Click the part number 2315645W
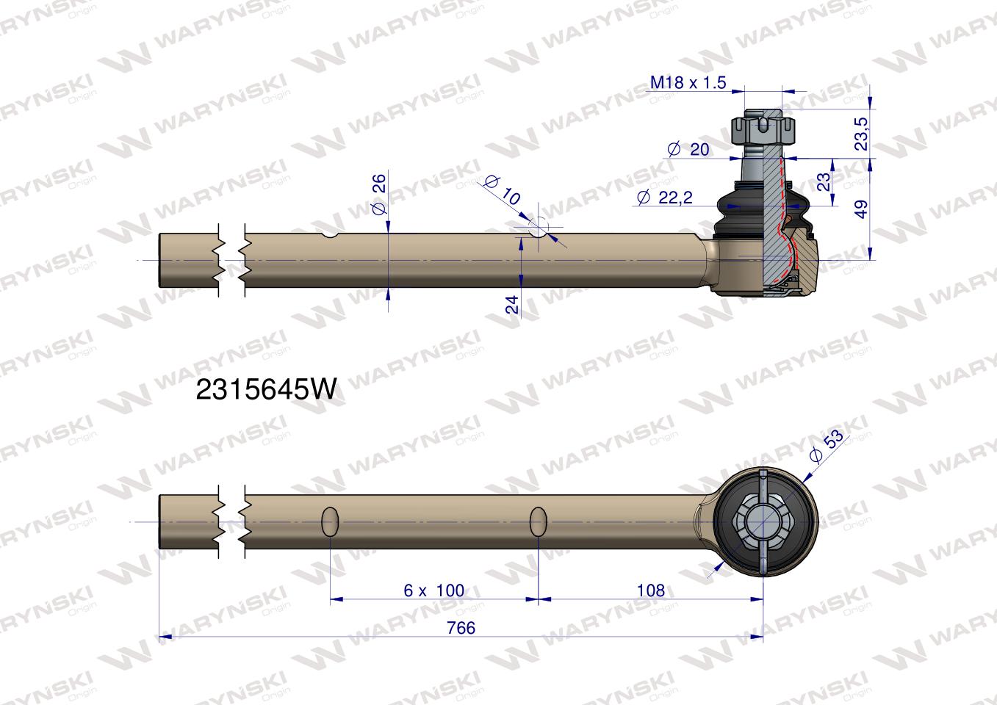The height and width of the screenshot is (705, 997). pos(266,390)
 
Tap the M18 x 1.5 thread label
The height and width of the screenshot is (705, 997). pos(688,83)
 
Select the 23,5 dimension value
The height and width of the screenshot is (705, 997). pos(862,134)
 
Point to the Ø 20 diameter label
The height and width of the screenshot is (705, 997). pos(688,149)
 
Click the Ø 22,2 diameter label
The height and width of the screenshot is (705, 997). pos(664,197)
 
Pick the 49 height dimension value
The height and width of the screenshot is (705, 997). pos(862,209)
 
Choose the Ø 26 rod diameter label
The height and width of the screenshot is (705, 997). pos(379,195)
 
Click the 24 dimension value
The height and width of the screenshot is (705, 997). pos(512,305)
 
